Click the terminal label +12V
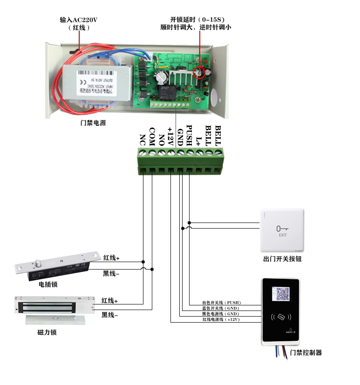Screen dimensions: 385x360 [170, 136]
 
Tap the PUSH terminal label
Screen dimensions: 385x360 [189, 135]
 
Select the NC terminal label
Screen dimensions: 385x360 [143, 139]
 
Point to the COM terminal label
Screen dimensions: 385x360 [152, 135]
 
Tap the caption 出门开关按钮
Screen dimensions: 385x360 [283, 259]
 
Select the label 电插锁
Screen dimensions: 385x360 [48, 284]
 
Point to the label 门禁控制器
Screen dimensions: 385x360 [306, 352]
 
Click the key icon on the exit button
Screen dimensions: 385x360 [282, 229]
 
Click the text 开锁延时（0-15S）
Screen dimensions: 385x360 [197, 20]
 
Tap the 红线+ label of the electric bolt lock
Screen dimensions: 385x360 [111, 257]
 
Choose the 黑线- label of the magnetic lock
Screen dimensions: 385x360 [110, 315]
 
